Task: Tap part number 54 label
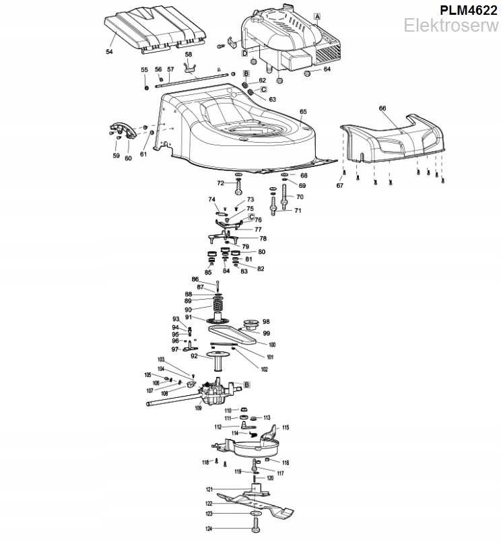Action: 110,50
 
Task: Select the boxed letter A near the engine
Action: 317,15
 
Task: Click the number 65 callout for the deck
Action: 303,111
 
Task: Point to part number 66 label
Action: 382,108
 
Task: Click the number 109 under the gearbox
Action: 198,407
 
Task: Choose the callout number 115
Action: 285,428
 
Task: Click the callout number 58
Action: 189,54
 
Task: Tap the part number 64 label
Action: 327,69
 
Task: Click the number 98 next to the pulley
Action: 266,322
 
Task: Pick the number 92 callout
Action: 195,356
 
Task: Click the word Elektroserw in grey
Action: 452,26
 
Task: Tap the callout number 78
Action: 263,238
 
